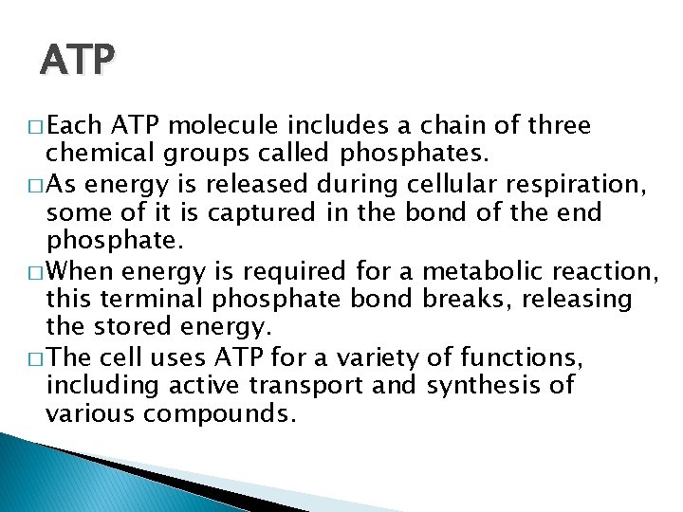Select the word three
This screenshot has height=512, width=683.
[557, 126]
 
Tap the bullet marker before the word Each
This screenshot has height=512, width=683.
[36, 127]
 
